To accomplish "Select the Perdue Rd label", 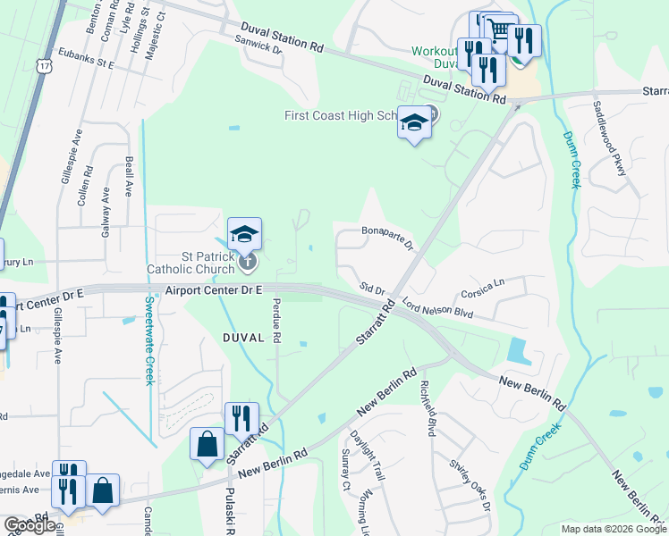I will (276, 321).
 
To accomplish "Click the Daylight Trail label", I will (368, 455).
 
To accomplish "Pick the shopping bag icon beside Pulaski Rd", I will (207, 443).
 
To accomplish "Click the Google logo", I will (30, 525).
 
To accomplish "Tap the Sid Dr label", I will (372, 289).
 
